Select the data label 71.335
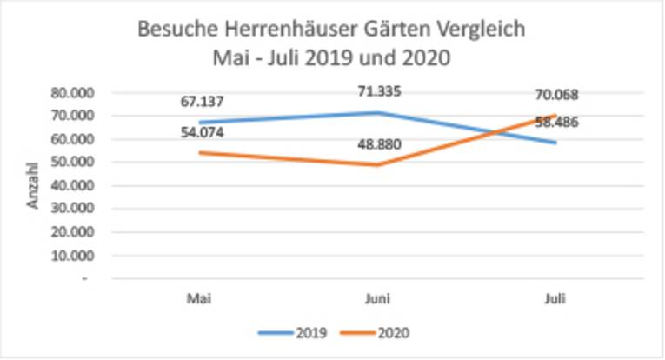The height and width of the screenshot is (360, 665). click(378, 90)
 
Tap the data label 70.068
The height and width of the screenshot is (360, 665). click(555, 95)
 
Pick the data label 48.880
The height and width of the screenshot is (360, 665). click(378, 144)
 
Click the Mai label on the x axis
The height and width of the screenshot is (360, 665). click(200, 297)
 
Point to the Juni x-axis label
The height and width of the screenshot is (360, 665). click(378, 297)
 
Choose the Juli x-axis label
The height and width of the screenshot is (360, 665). click(555, 297)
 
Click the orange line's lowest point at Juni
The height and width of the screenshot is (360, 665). click(378, 164)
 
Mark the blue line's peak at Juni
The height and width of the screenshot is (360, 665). click(378, 112)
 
